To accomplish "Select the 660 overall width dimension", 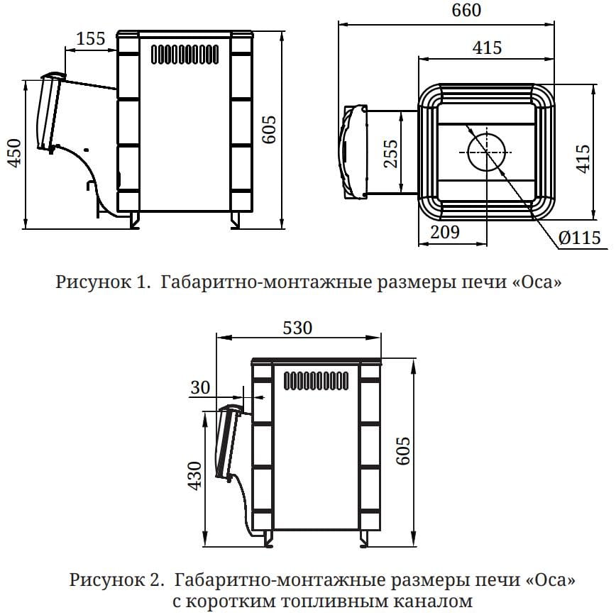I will click(465, 11).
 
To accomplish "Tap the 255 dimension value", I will click(390, 153).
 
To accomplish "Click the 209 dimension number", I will click(445, 232).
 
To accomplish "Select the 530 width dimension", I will click(297, 328).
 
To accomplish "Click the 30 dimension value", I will click(201, 387).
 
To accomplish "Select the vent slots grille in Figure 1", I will click(185, 55).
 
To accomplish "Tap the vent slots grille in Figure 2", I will click(316, 381).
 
